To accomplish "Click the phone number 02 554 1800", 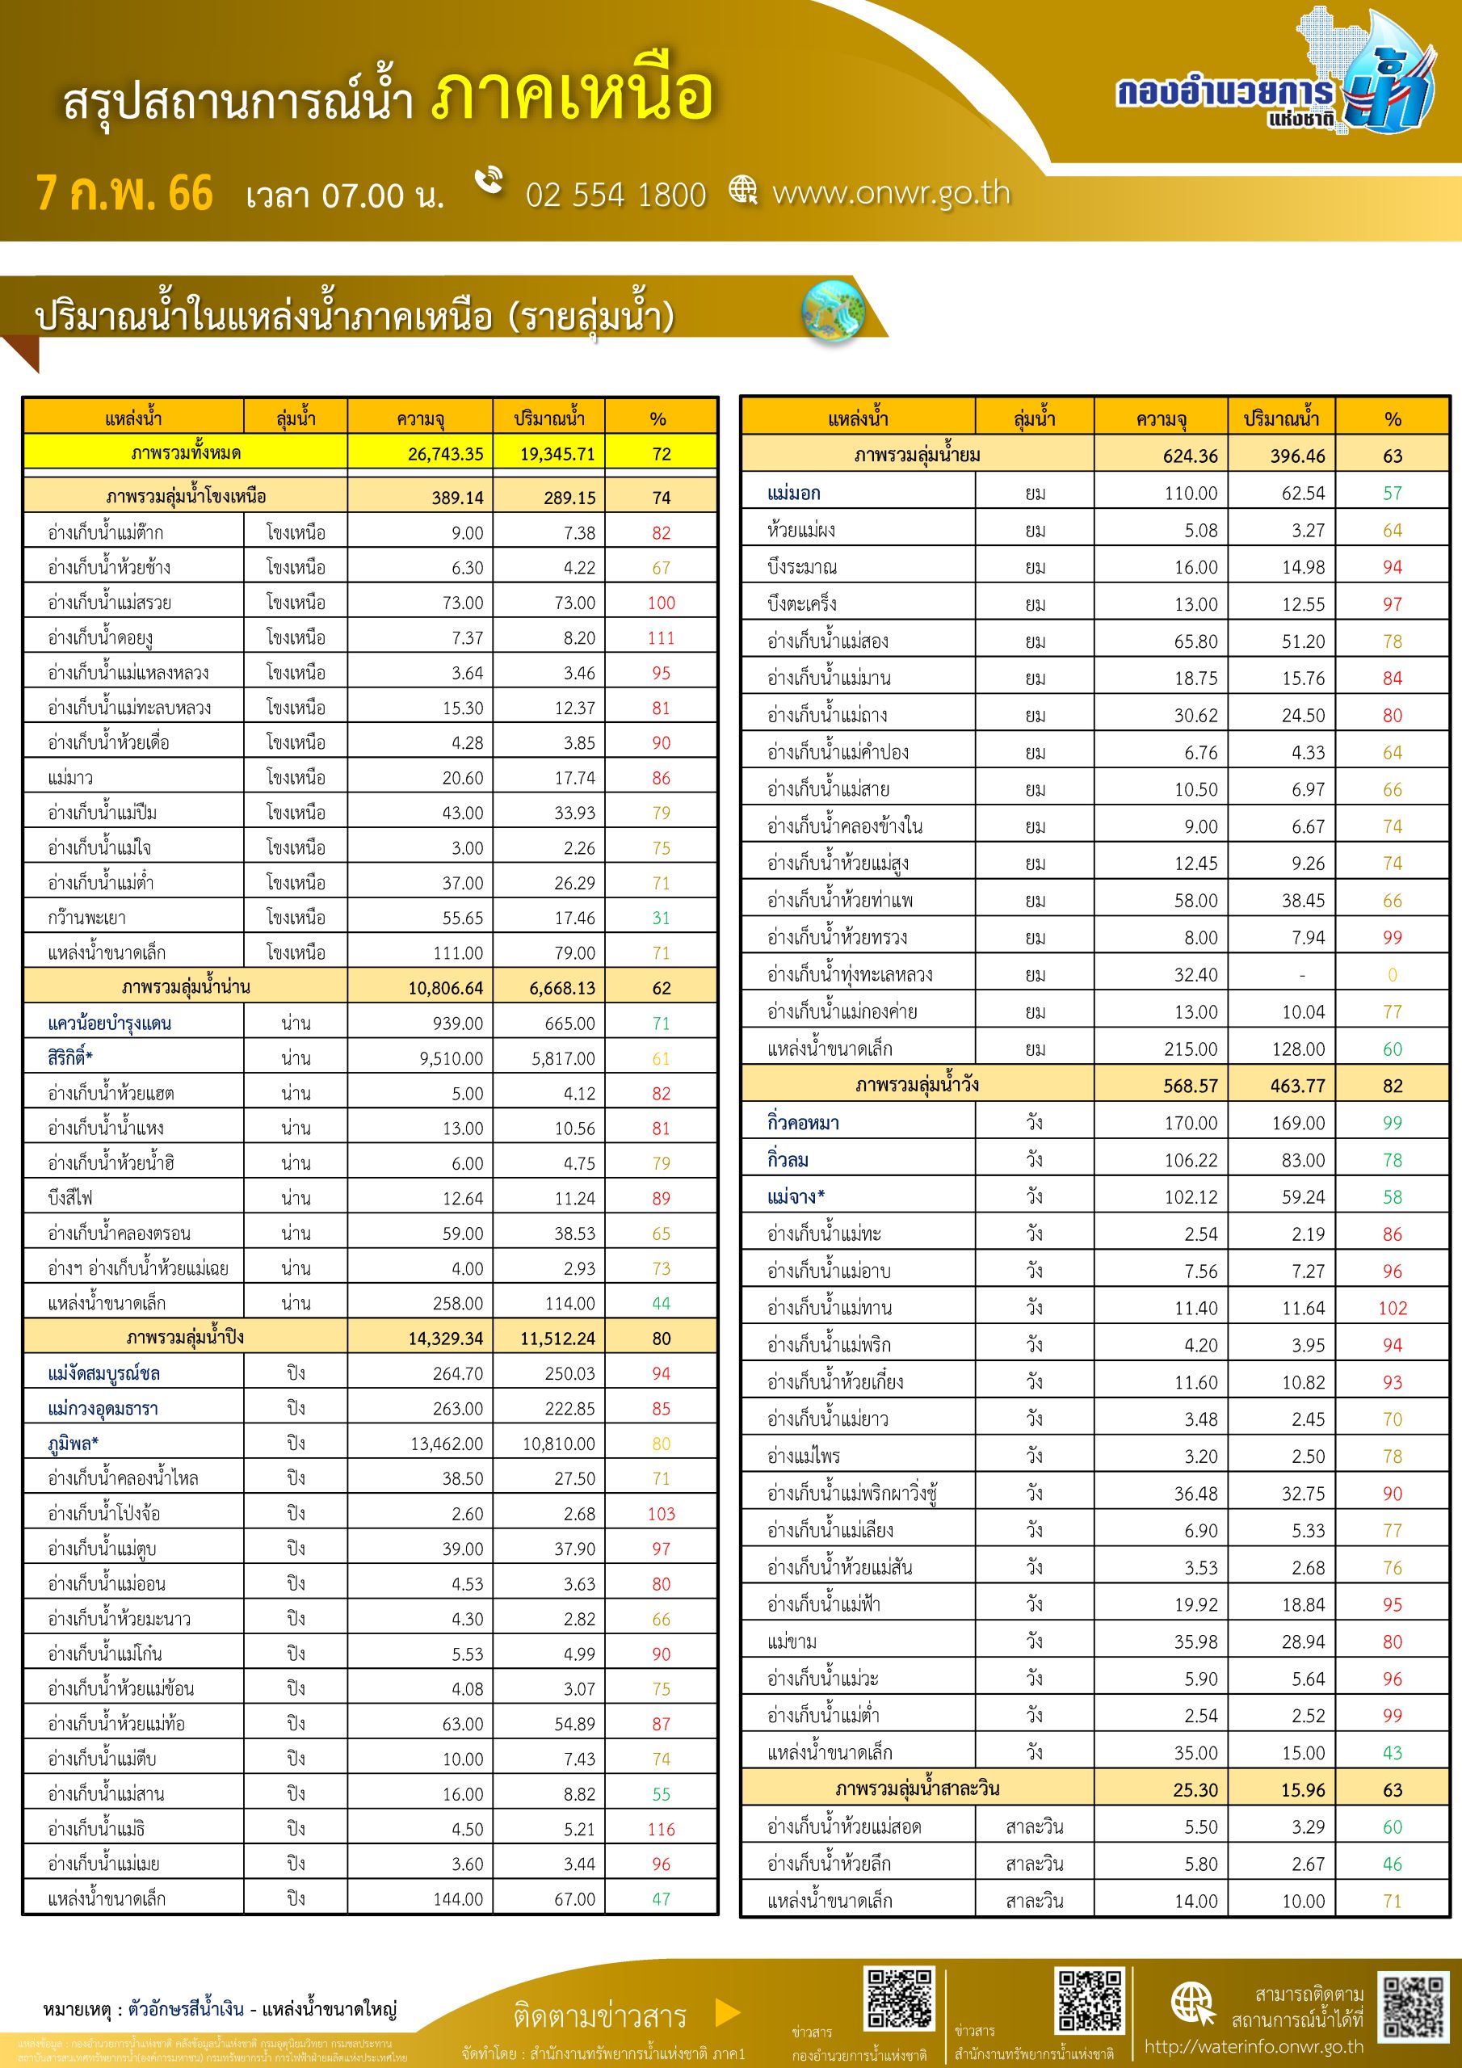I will [615, 195].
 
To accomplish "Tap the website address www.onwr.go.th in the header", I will [891, 193].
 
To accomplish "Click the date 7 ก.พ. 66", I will [124, 193].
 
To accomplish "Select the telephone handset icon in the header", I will [489, 180].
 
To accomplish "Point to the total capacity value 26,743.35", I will [445, 454].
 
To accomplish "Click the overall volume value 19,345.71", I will [557, 454].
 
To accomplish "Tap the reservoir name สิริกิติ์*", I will [70, 1057].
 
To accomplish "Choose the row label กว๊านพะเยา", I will [86, 918].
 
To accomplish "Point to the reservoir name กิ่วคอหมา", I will [803, 1122].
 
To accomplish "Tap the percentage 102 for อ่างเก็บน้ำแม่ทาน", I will [1392, 1308].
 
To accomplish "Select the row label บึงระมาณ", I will [802, 567].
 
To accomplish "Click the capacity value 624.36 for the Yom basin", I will [1190, 456].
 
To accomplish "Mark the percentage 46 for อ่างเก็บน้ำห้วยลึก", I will [1392, 1864].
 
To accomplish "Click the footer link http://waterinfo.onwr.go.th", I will [1254, 2046].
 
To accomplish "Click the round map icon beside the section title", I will [832, 311].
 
